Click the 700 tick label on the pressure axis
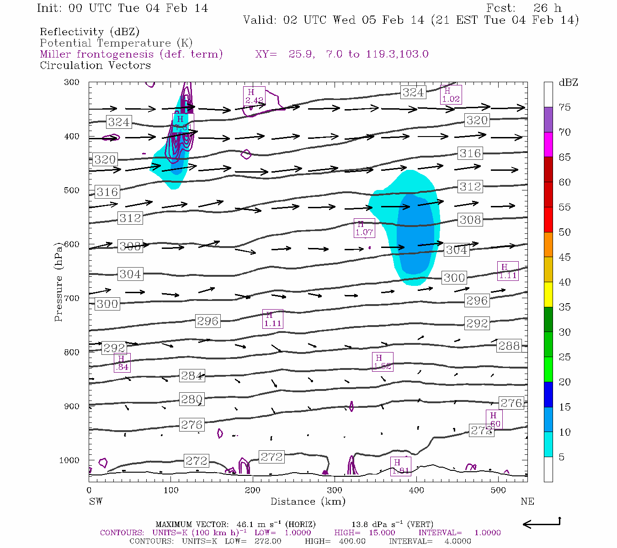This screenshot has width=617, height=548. pyautogui.click(x=71, y=298)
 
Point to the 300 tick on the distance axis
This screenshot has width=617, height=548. pyautogui.click(x=334, y=490)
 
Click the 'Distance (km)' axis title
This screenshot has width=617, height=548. pyautogui.click(x=308, y=501)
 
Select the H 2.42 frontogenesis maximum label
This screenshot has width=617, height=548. pyautogui.click(x=254, y=96)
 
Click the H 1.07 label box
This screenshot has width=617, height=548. pyautogui.click(x=364, y=228)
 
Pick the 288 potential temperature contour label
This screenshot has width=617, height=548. pyautogui.click(x=509, y=346)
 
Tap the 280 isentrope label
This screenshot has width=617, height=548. pyautogui.click(x=191, y=399)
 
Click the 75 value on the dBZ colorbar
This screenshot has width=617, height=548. pyautogui.click(x=564, y=107)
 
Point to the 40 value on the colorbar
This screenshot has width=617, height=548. pyautogui.click(x=564, y=282)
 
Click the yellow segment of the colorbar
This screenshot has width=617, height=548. pyautogui.click(x=548, y=295)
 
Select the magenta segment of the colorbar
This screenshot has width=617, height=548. pyautogui.click(x=548, y=144)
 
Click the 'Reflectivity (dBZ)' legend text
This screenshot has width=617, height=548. pyautogui.click(x=90, y=32)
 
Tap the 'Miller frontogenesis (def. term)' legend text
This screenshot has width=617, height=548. pyautogui.click(x=131, y=54)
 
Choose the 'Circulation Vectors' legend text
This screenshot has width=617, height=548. pyautogui.click(x=95, y=65)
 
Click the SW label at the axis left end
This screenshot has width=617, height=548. pyautogui.click(x=96, y=501)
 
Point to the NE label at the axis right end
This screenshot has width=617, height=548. pyautogui.click(x=527, y=501)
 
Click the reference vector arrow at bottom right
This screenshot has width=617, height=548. pyautogui.click(x=542, y=523)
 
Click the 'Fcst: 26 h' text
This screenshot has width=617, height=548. pyautogui.click(x=524, y=8)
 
